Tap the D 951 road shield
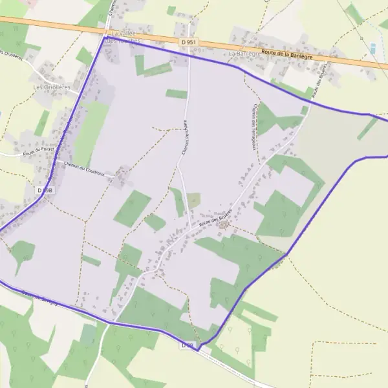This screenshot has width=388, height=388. [188, 41]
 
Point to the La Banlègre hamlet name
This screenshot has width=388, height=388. [244, 54]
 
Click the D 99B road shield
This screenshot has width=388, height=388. [44, 190]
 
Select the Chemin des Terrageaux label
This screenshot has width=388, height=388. [254, 127]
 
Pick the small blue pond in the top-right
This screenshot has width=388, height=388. [372, 48]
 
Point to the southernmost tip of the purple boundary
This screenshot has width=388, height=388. [199, 348]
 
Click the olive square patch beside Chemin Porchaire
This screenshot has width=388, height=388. [193, 200]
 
